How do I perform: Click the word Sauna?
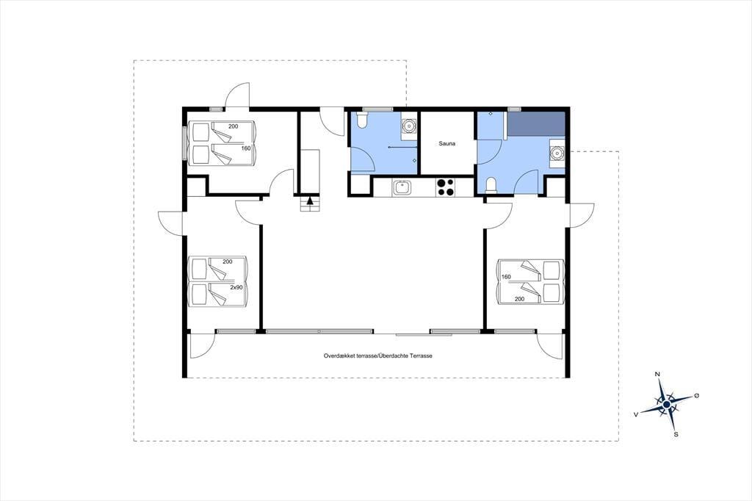click(447, 143)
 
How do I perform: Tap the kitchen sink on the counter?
click(402, 187)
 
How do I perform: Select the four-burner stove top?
click(445, 187)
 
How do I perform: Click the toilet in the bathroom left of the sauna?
click(361, 120)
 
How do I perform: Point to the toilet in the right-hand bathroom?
click(491, 186)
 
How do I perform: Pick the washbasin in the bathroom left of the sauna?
click(408, 126)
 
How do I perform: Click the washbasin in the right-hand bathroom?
click(557, 153)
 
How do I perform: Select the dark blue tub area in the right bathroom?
click(536, 124)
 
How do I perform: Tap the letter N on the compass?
click(657, 374)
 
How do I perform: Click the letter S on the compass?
click(676, 435)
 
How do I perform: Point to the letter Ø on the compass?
click(696, 395)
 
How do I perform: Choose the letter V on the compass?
click(636, 414)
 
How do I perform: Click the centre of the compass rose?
click(667, 405)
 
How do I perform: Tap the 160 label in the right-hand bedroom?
click(507, 277)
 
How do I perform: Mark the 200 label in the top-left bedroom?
click(233, 126)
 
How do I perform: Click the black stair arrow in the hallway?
click(310, 201)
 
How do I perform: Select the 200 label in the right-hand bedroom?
click(519, 299)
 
